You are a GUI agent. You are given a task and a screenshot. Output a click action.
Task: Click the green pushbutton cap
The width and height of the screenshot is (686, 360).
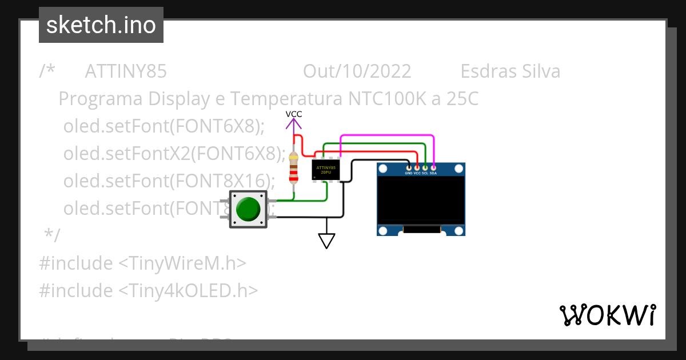(x=248, y=209)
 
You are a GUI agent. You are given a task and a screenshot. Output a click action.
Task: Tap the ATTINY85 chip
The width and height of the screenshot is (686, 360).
(x=326, y=170)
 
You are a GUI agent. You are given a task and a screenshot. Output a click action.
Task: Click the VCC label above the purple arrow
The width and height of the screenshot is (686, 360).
(x=294, y=114)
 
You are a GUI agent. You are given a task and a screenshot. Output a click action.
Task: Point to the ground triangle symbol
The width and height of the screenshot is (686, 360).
(x=326, y=241)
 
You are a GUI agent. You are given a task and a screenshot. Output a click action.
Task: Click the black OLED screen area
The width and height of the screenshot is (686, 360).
(x=421, y=200)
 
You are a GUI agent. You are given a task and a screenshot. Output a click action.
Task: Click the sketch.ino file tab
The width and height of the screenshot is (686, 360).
(x=101, y=25)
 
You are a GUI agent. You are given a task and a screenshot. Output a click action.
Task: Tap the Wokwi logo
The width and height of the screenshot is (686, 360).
(x=607, y=315)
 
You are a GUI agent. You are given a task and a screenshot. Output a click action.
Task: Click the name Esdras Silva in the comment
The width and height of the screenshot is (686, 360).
(x=510, y=71)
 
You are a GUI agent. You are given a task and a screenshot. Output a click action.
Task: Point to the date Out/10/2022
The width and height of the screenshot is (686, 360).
(x=357, y=71)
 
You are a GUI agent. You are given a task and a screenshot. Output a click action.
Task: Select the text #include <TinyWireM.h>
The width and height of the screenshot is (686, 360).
(x=143, y=263)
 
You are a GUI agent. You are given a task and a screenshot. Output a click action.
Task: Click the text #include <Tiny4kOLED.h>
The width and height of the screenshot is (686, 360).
(x=149, y=291)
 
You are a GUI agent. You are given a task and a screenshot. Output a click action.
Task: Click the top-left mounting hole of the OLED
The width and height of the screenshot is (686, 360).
(x=383, y=169)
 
